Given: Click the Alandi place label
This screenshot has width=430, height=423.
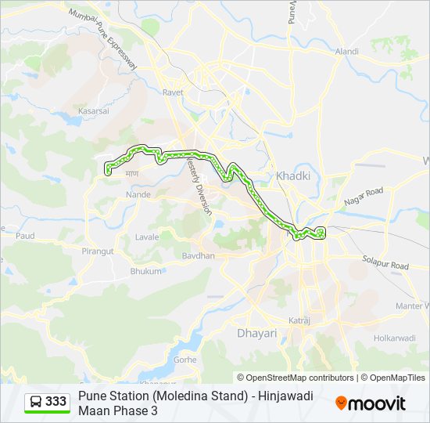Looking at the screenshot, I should coord(346,51).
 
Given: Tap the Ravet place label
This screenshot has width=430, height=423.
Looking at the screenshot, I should coord(173,92).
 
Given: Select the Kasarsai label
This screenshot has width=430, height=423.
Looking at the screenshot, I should coord(94,111).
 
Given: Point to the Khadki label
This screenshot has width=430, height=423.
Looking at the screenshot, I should coord(293,175).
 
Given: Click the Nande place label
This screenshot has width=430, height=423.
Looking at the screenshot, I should coord(138,194).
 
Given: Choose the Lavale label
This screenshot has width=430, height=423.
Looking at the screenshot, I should coord(146,236).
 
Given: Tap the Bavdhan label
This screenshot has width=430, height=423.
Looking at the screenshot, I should coord(198,255).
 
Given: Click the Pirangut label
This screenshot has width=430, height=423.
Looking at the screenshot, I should coord(98,251).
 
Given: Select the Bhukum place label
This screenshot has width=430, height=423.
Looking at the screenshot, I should coord(145,270).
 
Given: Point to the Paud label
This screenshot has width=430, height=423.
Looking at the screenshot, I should coord(25,235).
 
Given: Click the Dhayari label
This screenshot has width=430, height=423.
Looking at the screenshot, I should coord(256,333).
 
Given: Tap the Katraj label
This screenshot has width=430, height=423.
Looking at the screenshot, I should coord(299,320).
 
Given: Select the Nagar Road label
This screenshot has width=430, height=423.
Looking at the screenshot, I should coord(364,196).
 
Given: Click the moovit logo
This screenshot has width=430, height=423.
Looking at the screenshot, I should coord(371,403).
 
